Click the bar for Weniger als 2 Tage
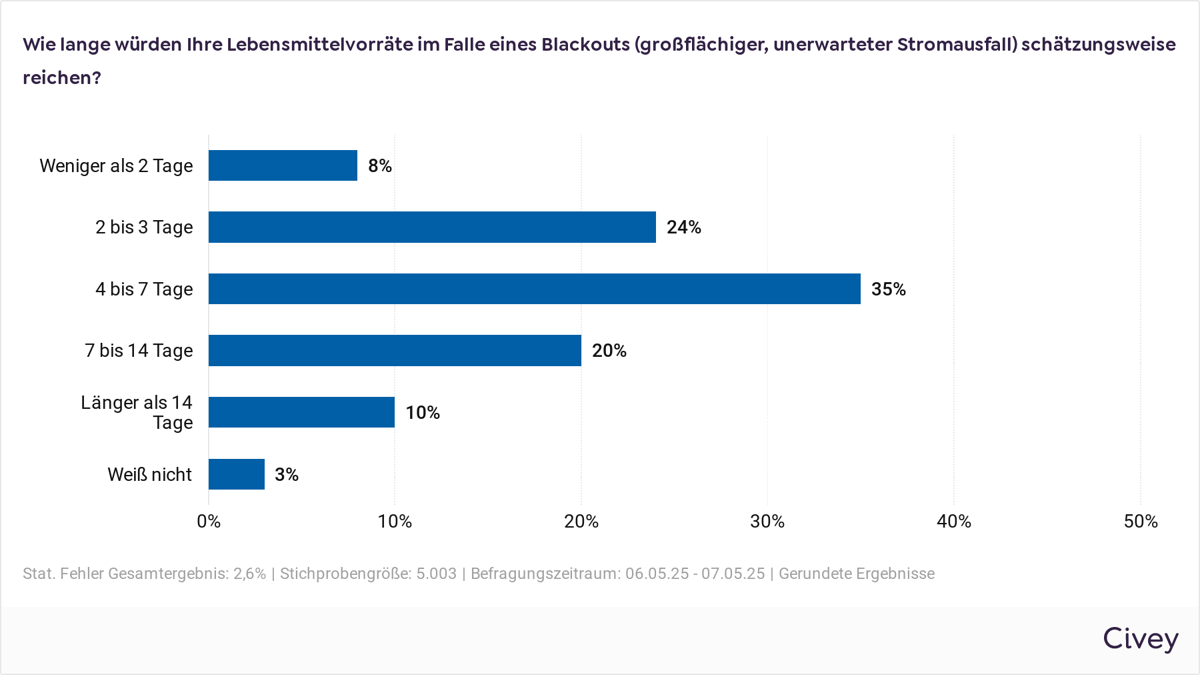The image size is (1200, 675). (x=283, y=165)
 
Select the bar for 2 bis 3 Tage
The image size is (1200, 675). (x=432, y=227)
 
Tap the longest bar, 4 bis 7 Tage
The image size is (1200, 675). (x=534, y=289)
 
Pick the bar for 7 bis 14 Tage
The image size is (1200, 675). (x=395, y=350)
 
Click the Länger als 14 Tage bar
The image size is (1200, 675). (x=301, y=412)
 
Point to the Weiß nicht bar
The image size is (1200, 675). (x=237, y=474)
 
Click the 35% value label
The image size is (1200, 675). (x=888, y=289)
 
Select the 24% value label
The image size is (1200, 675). (x=683, y=227)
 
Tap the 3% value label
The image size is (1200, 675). (x=286, y=475)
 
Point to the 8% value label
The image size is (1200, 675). (x=379, y=166)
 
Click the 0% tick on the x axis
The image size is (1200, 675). (x=209, y=522)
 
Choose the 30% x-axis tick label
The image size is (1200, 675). (x=767, y=522)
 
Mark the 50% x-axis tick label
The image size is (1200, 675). (x=1140, y=522)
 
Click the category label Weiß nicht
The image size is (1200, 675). (x=149, y=475)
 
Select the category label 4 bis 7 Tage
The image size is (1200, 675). (x=144, y=289)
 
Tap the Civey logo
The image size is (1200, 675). (x=1140, y=639)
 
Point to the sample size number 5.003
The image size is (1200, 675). (x=437, y=574)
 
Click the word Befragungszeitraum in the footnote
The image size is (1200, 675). (x=545, y=574)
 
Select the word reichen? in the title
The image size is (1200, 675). (x=62, y=78)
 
